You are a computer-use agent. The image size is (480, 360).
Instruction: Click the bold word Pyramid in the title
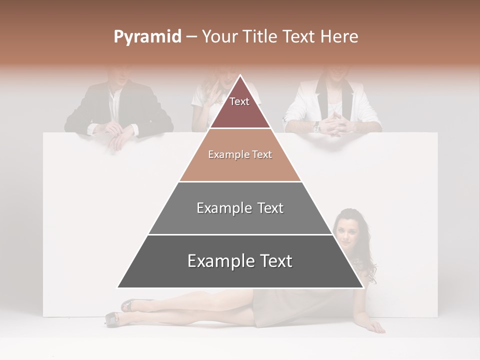coord(147,37)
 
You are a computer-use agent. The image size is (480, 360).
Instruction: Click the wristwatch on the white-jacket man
coord(316,128)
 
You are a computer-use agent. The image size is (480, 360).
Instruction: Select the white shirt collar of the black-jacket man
coord(115,95)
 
